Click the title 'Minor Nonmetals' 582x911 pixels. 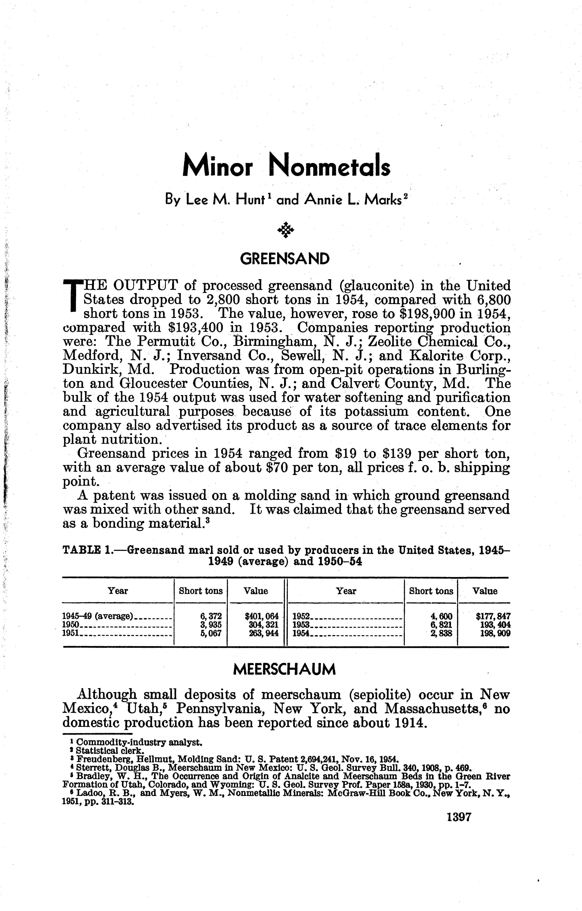(286, 167)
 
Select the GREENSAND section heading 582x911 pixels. (285, 259)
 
